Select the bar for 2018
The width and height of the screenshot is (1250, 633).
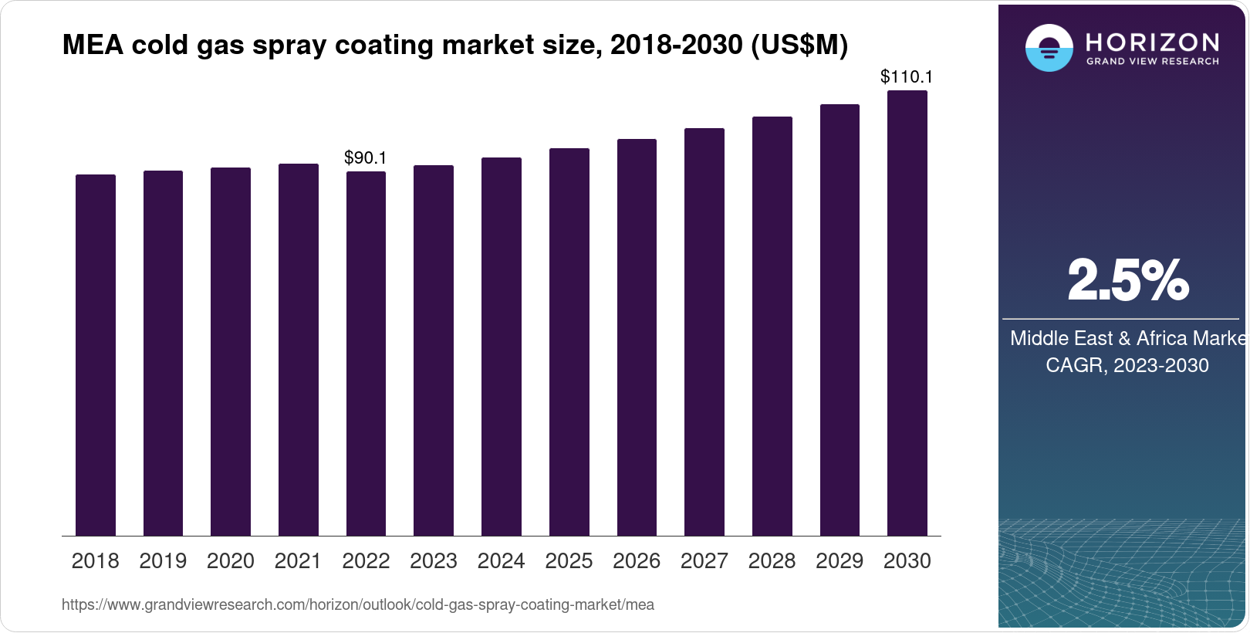(96, 355)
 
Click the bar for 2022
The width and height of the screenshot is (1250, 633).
(366, 354)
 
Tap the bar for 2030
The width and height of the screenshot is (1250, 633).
(907, 313)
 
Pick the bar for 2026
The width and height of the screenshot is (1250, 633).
(637, 337)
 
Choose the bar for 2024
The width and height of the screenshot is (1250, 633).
(502, 347)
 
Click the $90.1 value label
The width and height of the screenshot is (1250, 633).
(365, 157)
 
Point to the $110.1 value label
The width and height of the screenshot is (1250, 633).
(907, 76)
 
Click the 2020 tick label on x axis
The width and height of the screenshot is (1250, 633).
(231, 561)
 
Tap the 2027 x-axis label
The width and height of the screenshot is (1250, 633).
(704, 561)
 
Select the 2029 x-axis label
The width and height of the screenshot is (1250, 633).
(840, 561)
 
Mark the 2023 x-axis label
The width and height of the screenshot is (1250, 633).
(434, 561)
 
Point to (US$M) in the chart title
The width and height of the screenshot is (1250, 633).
(799, 45)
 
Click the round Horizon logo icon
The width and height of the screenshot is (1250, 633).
(1049, 48)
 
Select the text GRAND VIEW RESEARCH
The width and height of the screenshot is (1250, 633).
(1152, 61)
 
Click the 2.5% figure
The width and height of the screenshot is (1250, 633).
(1127, 280)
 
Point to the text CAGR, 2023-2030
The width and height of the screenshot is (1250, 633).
(1127, 365)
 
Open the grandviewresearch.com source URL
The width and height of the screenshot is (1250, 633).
(357, 604)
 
